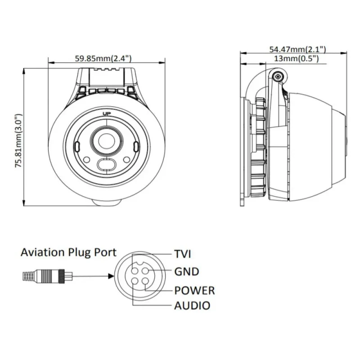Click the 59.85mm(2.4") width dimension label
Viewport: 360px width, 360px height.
tap(103, 58)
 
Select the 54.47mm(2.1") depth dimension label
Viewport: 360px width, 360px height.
tap(297, 49)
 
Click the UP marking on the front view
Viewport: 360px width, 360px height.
tap(107, 113)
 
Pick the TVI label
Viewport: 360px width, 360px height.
tap(183, 254)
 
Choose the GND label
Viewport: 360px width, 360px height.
tap(186, 272)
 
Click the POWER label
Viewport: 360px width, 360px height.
tap(194, 290)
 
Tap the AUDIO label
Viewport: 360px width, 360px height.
tap(192, 306)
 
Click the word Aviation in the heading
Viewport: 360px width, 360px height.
tap(42, 252)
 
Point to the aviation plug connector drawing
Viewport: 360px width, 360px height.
tap(44, 275)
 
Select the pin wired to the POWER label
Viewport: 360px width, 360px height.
tap(144, 281)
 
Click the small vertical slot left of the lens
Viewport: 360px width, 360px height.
tap(77, 147)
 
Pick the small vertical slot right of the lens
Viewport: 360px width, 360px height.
tap(136, 147)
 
